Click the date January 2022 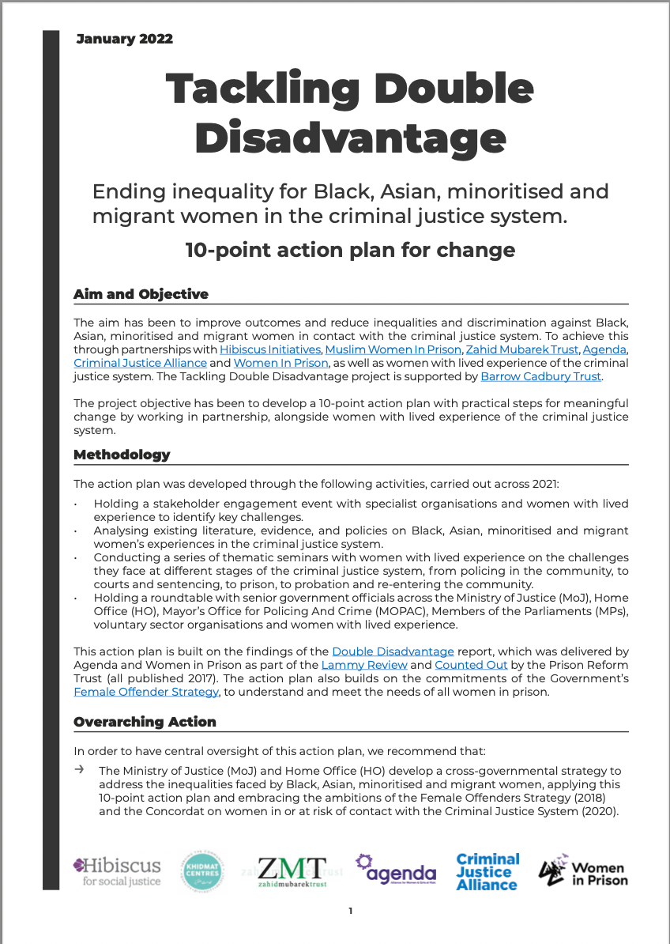[124, 39]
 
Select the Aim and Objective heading [141, 294]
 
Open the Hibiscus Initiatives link [270, 349]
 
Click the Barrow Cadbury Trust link [541, 376]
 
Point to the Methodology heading [122, 455]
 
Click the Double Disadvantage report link [393, 651]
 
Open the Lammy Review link [356, 665]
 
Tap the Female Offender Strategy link [146, 692]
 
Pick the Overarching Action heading [145, 722]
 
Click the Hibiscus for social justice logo [116, 871]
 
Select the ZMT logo [292, 871]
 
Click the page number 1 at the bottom [351, 912]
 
